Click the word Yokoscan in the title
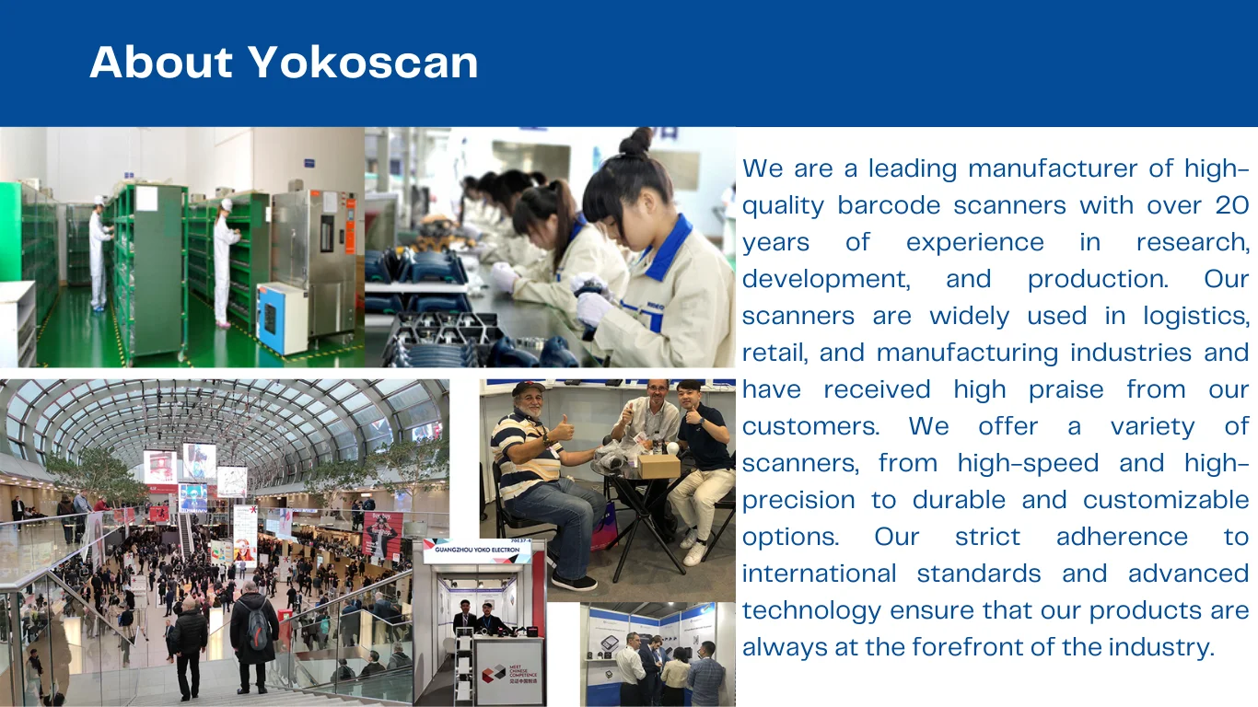point(364,63)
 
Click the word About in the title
point(161,63)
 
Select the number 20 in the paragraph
point(1231,205)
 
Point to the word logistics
point(1195,316)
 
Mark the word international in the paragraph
point(820,574)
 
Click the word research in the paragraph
point(1192,242)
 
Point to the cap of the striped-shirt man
point(529,389)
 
